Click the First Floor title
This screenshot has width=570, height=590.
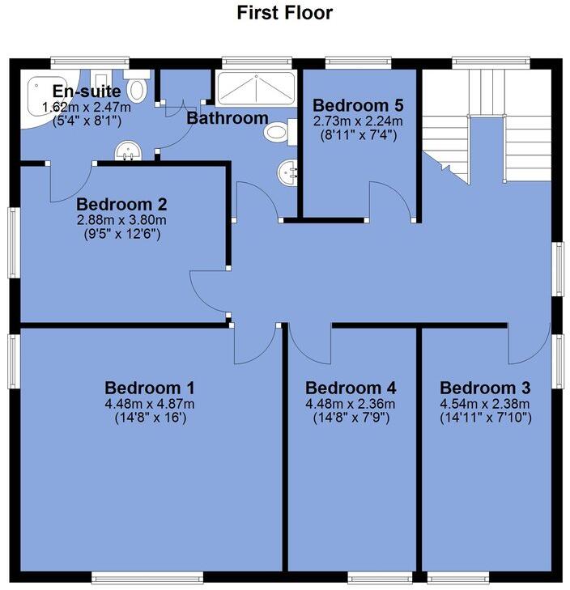(x=284, y=13)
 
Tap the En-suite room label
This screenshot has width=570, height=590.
(x=87, y=91)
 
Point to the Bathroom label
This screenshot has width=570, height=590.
(x=228, y=118)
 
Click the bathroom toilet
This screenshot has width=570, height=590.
(x=279, y=131)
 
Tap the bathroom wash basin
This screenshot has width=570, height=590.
(x=288, y=172)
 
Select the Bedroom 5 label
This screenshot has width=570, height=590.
(x=358, y=105)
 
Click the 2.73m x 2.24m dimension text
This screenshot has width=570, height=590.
(x=358, y=121)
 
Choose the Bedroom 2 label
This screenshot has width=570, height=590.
(x=121, y=204)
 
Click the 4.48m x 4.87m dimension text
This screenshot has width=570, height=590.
(x=149, y=404)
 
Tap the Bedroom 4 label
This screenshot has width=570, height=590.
(x=351, y=387)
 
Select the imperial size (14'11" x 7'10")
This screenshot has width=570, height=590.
(x=485, y=418)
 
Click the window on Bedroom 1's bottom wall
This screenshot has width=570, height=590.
(x=147, y=577)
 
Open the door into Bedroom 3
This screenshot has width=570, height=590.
(x=523, y=348)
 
